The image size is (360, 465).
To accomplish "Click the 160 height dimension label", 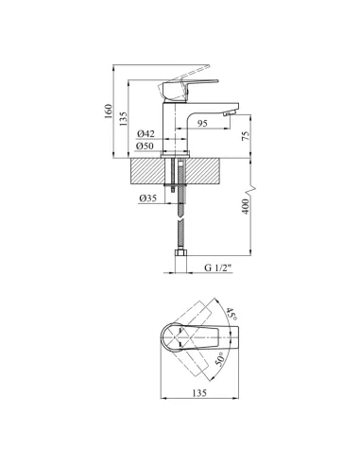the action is (109, 111).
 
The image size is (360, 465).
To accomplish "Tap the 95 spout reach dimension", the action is (202, 123).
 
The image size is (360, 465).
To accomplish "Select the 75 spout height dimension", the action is (246, 135).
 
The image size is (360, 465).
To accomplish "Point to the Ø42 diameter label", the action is (146, 134).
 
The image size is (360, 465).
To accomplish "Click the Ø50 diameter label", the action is (145, 146).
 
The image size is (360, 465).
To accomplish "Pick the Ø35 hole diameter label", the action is (147, 198).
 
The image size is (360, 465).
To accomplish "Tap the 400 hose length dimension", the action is (246, 206).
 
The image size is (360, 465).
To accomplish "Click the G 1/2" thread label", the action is (218, 267).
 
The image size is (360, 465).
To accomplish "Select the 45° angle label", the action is (232, 314).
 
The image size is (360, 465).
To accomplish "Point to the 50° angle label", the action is (219, 359).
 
